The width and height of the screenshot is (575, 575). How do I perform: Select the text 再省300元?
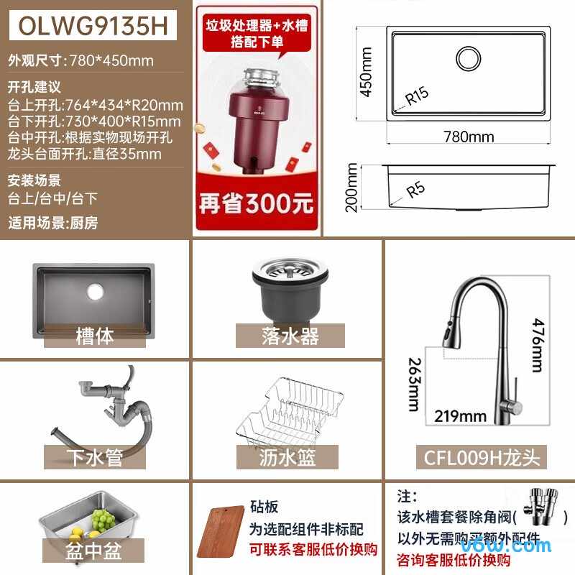pos(257,203)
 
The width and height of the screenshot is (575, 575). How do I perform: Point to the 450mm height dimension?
pos(366,72)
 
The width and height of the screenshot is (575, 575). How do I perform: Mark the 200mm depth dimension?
pos(352,187)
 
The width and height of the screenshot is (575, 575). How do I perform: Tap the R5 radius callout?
pos(415,190)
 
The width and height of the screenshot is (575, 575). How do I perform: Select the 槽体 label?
pos(94,335)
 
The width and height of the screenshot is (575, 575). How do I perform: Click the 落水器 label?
pos(290,335)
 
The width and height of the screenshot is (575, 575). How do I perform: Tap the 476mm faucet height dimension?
pos(535,345)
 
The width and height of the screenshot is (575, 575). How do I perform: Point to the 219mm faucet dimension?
pos(460,415)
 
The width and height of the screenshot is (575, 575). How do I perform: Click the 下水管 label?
pos(94,457)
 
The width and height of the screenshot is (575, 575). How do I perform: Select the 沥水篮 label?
pos(287,457)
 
